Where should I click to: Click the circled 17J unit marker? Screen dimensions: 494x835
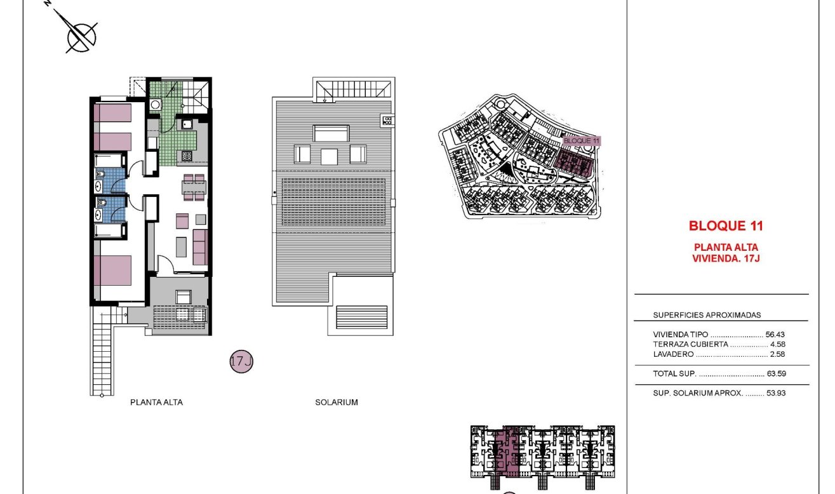point(241,362)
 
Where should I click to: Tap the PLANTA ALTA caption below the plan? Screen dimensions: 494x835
point(156,402)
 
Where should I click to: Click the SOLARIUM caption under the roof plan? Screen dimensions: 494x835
point(337,402)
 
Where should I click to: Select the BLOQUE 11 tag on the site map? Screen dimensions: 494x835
point(581,141)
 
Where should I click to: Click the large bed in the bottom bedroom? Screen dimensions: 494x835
point(113,270)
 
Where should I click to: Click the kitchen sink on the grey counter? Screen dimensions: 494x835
point(188,124)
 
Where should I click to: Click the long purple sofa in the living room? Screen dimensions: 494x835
point(201,248)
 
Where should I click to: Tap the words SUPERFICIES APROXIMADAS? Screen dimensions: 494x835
point(707,315)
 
